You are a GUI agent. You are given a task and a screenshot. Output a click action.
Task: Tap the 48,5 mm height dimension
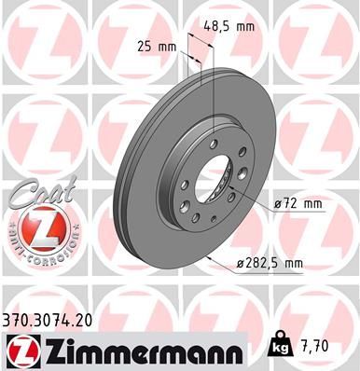(228, 27)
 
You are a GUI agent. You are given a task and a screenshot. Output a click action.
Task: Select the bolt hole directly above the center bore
(215, 141)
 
